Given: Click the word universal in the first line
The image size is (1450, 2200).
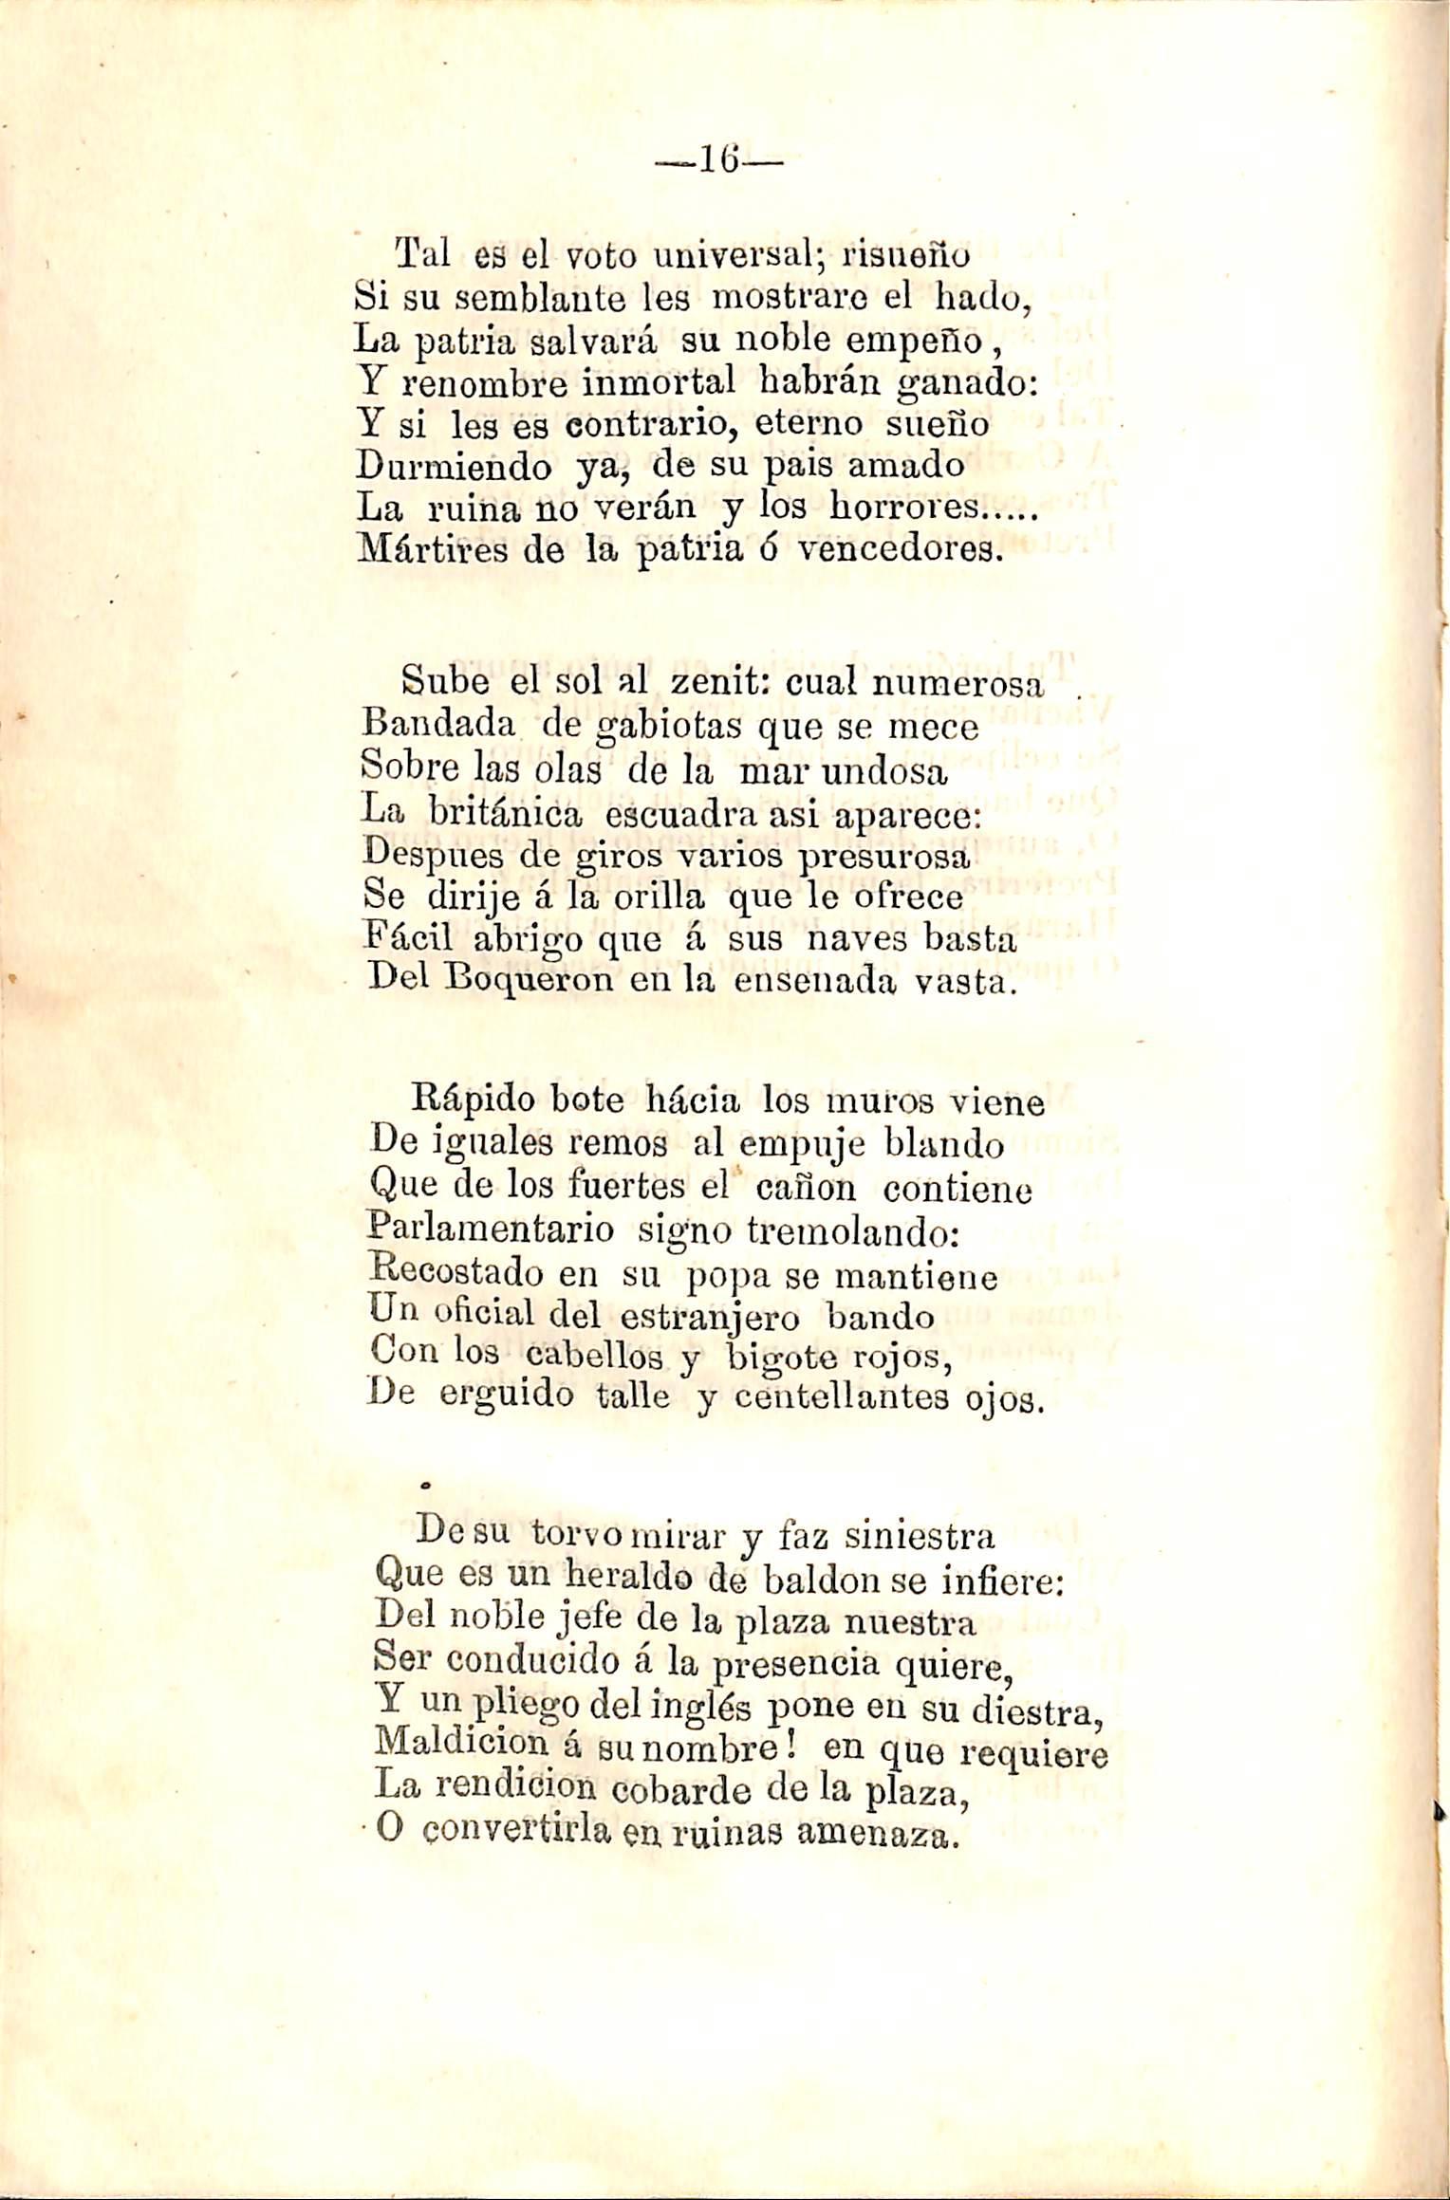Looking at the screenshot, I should [714, 256].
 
